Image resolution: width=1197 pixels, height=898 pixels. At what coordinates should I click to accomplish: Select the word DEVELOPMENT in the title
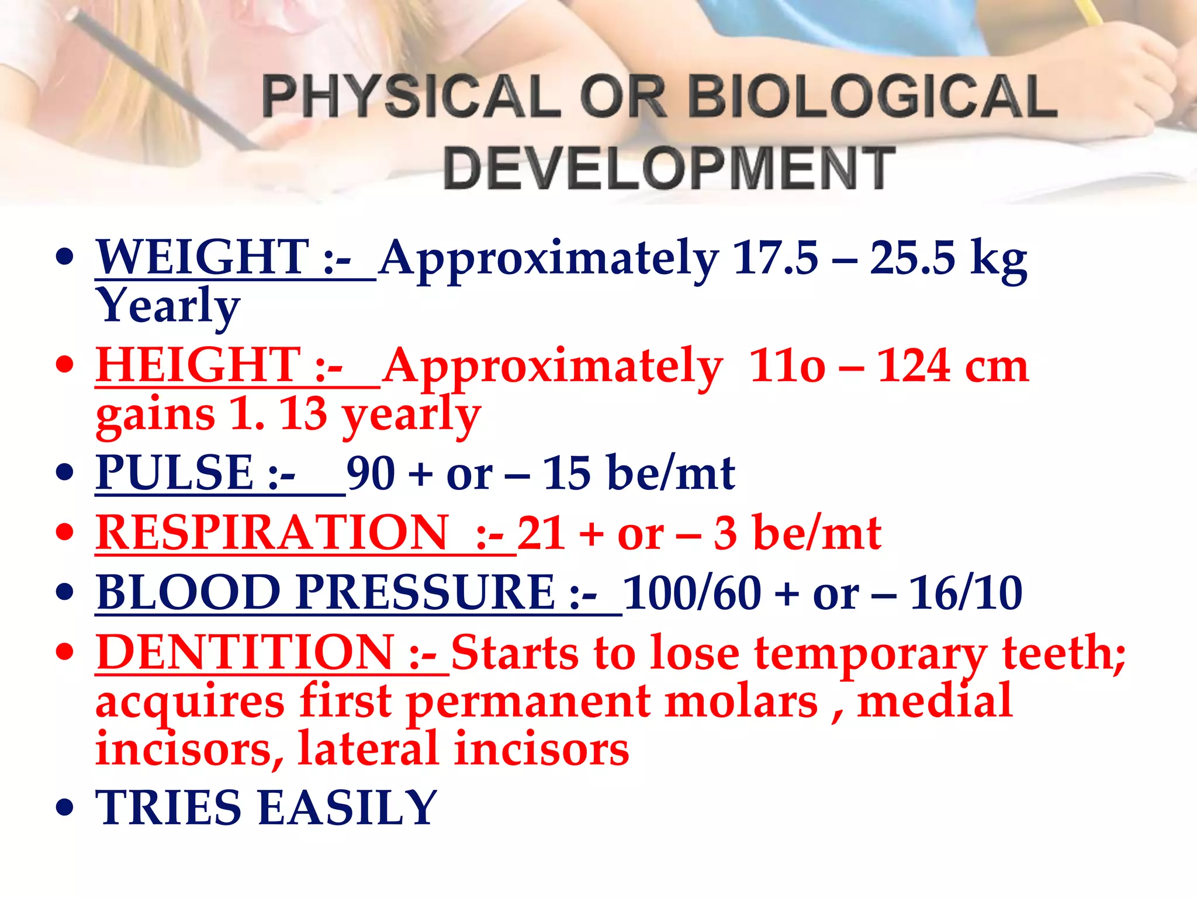tap(669, 169)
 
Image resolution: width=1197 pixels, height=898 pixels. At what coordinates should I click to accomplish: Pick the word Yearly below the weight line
tap(168, 306)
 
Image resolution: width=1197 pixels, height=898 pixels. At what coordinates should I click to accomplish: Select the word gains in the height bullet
tap(155, 415)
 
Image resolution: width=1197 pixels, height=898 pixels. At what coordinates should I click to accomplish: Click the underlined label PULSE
tap(174, 473)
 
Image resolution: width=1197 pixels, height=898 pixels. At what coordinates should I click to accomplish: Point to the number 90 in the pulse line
tap(371, 473)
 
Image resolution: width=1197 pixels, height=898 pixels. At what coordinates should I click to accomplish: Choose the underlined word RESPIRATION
tap(272, 533)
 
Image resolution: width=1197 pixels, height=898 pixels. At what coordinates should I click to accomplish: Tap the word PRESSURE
tap(425, 593)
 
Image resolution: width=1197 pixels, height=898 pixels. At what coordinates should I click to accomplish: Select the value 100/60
tap(692, 593)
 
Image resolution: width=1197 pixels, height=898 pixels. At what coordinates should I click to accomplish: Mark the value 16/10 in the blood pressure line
tap(966, 593)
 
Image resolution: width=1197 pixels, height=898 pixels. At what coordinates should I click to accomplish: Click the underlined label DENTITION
tap(245, 652)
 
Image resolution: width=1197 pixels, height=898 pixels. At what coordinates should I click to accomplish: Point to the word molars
tap(741, 702)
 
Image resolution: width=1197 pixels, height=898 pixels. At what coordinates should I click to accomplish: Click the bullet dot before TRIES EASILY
tap(65, 808)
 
